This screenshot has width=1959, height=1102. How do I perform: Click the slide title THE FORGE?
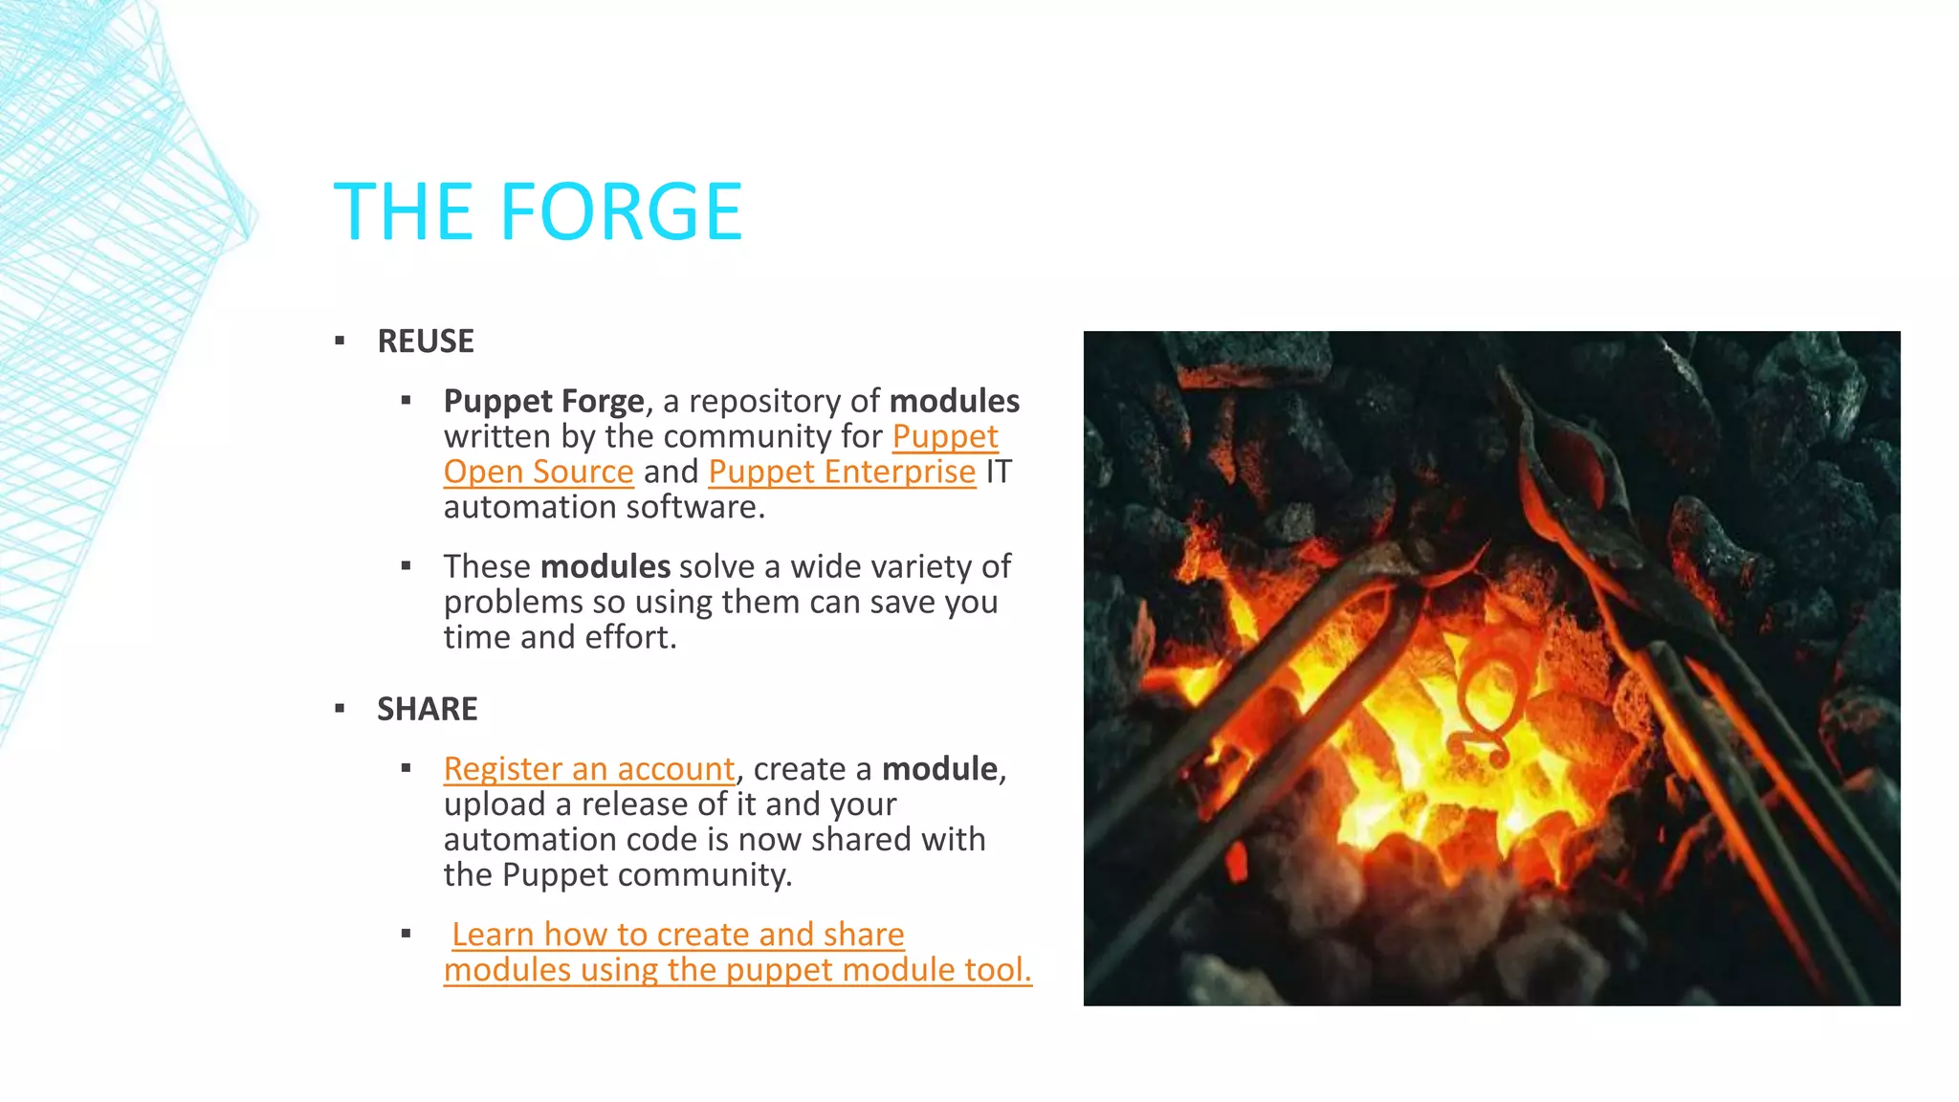(x=538, y=212)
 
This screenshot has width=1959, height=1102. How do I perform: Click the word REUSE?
(x=426, y=342)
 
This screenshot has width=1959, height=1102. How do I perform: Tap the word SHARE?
(x=427, y=709)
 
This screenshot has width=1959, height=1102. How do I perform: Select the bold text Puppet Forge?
(x=543, y=401)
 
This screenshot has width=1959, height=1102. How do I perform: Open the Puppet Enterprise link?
(x=842, y=472)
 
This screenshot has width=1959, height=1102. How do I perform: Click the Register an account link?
(x=588, y=769)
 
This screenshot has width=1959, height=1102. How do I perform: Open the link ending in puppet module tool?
(x=737, y=970)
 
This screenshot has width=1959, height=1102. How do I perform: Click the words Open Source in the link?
(x=539, y=472)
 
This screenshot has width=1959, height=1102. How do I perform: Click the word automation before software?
(x=517, y=507)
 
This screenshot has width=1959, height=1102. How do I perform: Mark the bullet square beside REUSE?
(x=340, y=342)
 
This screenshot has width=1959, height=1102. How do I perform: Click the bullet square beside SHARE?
(x=340, y=709)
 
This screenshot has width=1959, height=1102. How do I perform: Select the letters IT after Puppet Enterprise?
(x=998, y=472)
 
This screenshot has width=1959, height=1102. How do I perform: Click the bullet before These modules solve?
(x=407, y=566)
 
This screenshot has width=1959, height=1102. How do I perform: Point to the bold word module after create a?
(x=939, y=769)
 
